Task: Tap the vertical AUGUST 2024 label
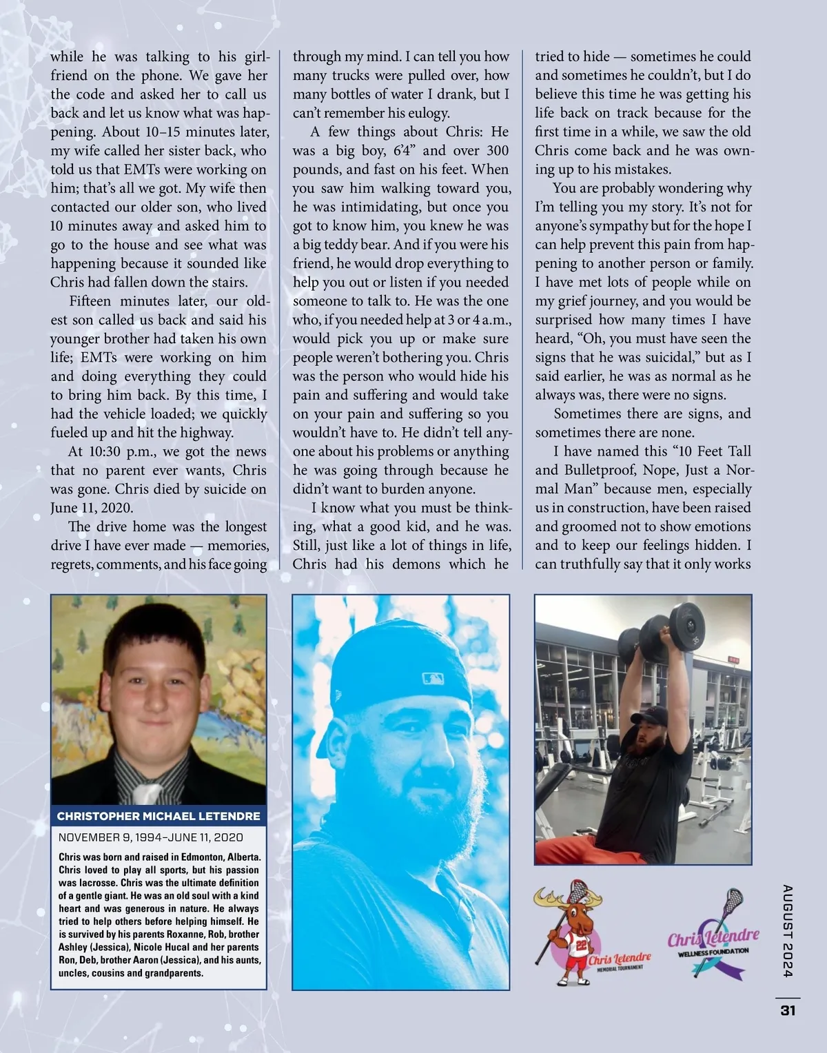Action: [x=788, y=930]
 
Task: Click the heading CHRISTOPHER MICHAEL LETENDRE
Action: [x=159, y=816]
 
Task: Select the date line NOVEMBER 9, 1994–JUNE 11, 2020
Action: [x=151, y=837]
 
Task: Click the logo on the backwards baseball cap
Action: [x=433, y=679]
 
